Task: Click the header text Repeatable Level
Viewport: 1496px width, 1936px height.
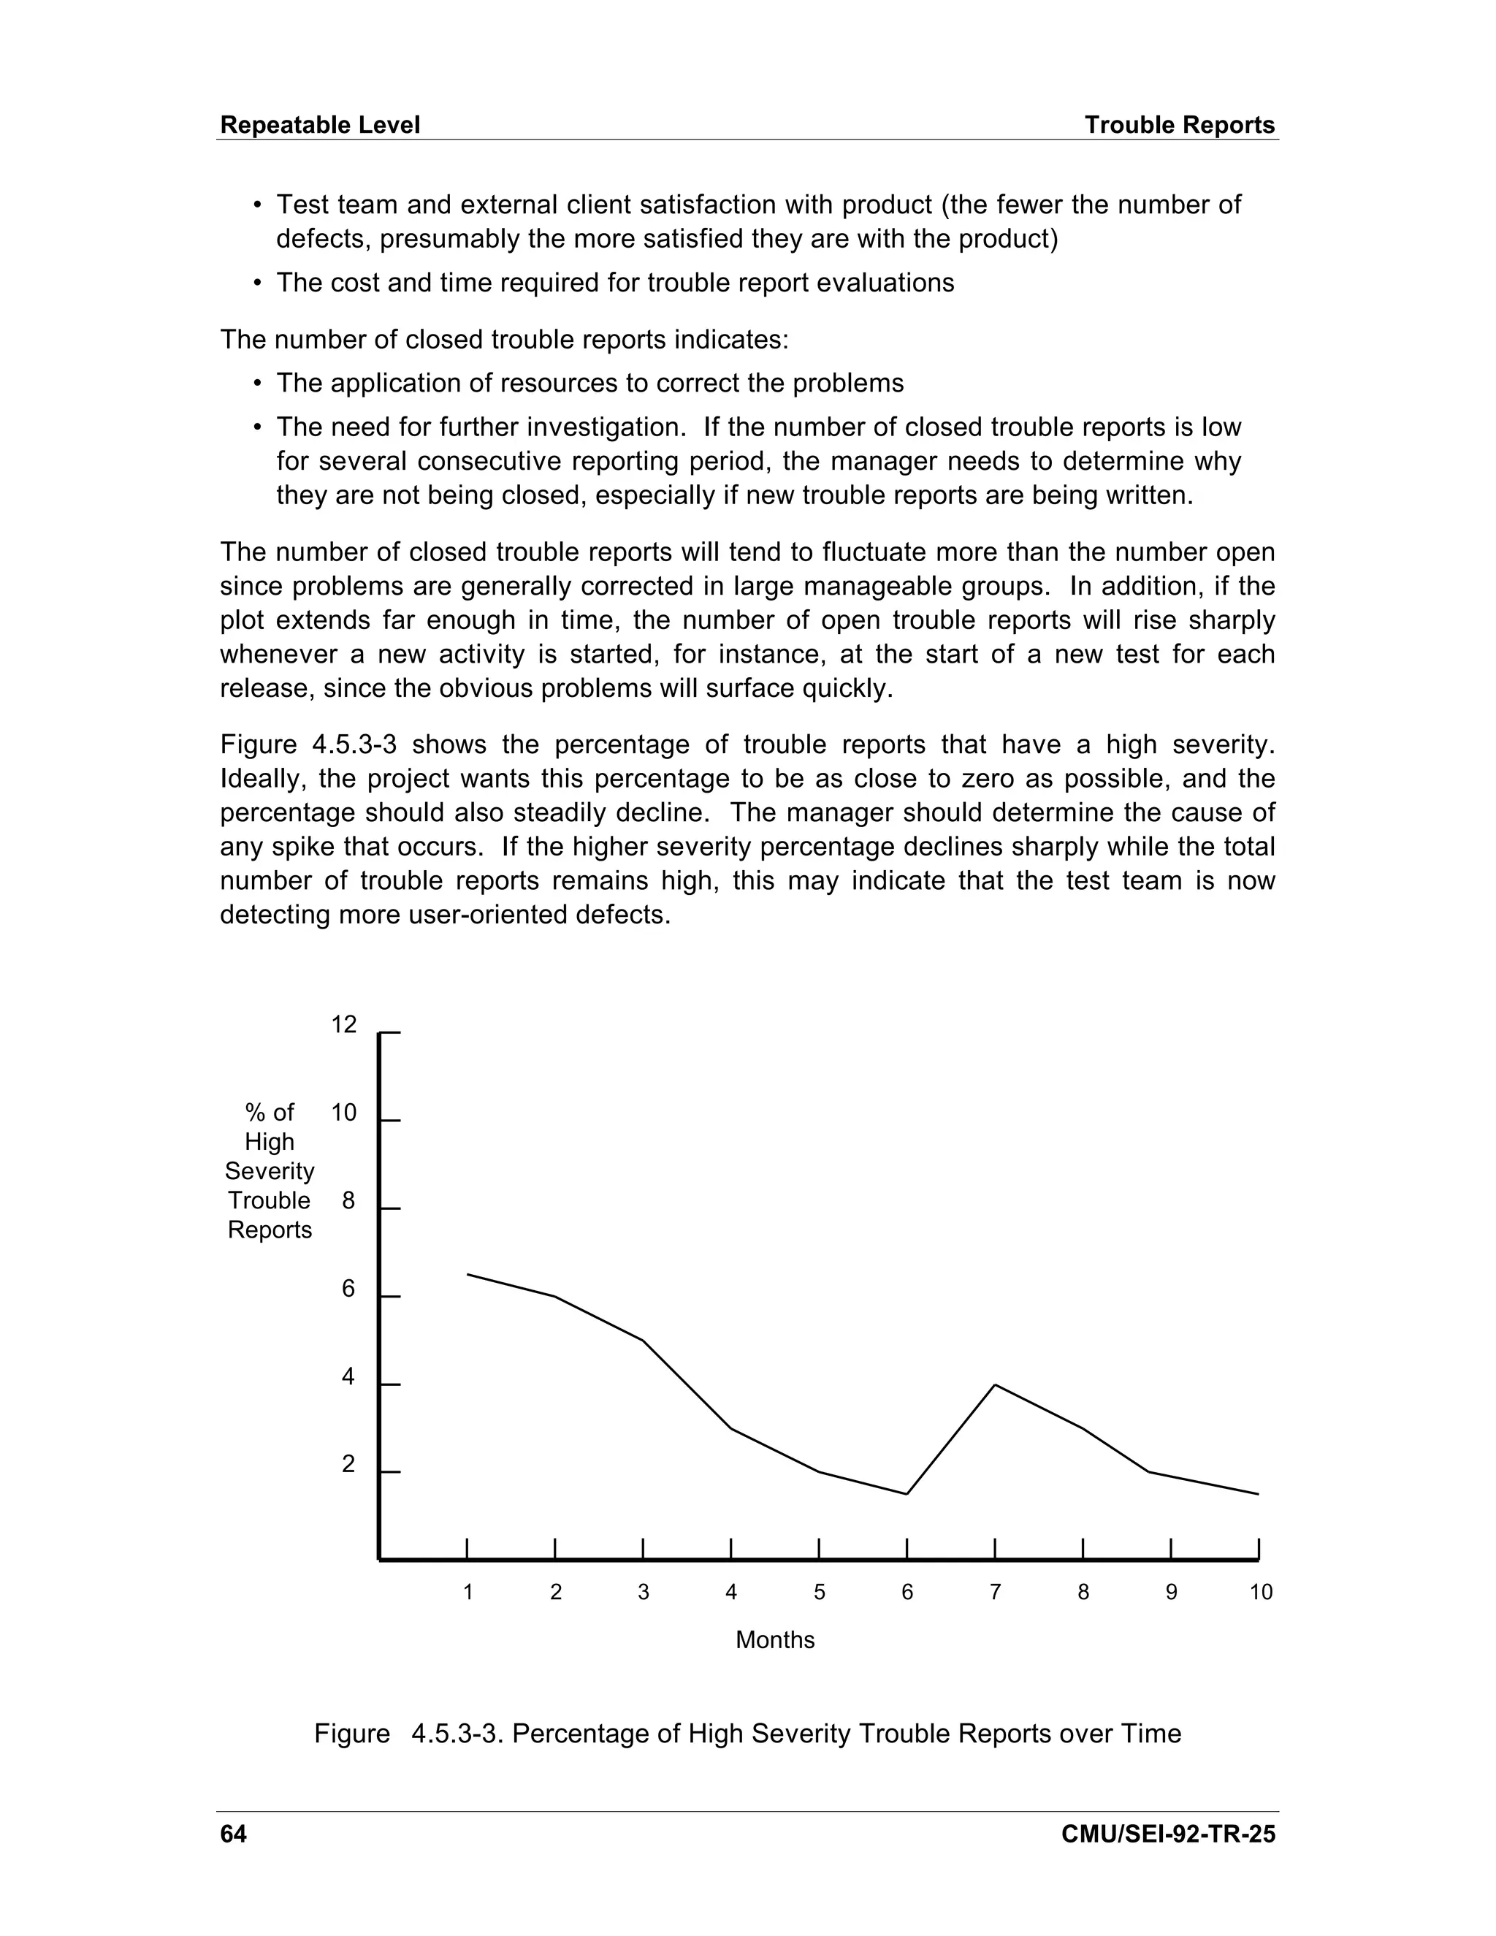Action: click(319, 125)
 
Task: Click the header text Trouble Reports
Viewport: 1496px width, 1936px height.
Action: click(1179, 125)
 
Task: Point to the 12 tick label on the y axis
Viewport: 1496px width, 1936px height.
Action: click(344, 1025)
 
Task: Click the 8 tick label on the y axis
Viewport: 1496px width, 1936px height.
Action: click(348, 1201)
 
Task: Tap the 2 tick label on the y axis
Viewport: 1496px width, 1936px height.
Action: click(348, 1464)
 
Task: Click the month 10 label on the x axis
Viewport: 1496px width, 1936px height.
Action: click(1260, 1593)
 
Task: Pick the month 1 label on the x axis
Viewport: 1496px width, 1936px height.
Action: click(468, 1593)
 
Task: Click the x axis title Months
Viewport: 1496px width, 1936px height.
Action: click(774, 1640)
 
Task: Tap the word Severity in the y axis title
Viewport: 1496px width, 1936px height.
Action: click(270, 1172)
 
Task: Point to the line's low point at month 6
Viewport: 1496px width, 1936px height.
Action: click(907, 1495)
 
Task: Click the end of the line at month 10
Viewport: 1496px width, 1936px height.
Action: click(1258, 1495)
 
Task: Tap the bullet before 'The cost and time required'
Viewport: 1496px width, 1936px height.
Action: click(258, 283)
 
